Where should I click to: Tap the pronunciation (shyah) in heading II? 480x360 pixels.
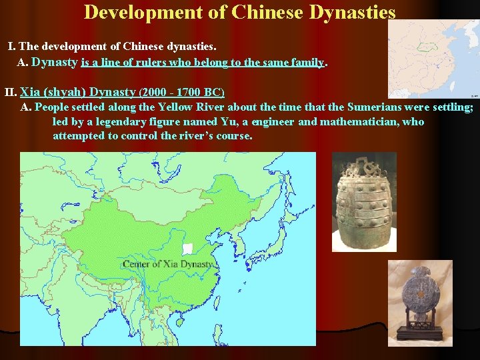(64, 92)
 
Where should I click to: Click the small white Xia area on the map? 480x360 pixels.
(188, 249)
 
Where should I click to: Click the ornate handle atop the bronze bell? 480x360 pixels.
(363, 164)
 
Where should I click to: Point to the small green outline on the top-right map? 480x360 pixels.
(424, 47)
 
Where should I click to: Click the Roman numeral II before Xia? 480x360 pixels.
(10, 92)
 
